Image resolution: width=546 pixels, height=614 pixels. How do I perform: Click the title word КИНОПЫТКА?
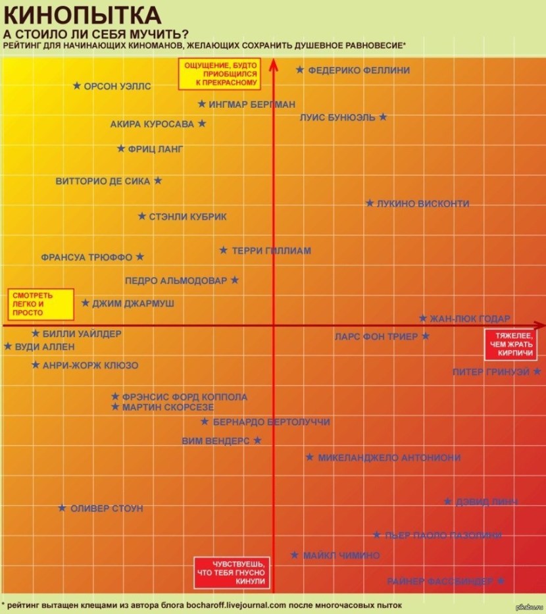(82, 14)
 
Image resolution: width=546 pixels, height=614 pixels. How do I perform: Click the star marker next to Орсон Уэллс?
(77, 86)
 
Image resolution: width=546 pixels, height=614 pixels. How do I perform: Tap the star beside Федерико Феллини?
(300, 70)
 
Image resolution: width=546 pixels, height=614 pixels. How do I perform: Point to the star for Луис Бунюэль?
(383, 117)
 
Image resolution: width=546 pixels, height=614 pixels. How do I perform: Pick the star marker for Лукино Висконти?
(370, 203)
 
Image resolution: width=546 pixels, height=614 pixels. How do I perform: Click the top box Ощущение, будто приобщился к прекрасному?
(220, 74)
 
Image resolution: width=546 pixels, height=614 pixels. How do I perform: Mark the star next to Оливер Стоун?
(62, 508)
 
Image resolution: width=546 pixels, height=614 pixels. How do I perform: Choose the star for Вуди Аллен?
(8, 346)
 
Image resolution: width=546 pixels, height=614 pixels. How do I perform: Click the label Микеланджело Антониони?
(389, 457)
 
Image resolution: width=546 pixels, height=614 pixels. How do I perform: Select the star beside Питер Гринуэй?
(537, 372)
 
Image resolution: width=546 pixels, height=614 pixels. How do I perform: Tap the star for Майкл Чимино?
(295, 555)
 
